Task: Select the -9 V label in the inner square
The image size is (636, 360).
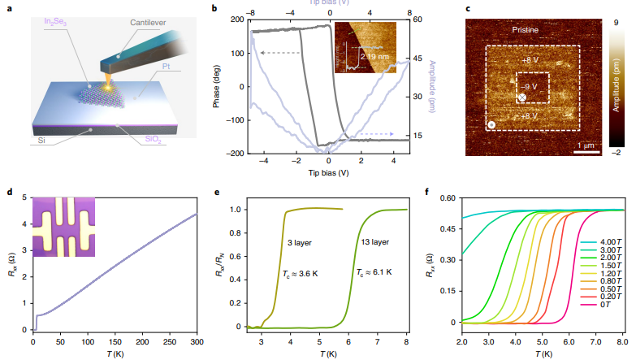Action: point(528,84)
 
